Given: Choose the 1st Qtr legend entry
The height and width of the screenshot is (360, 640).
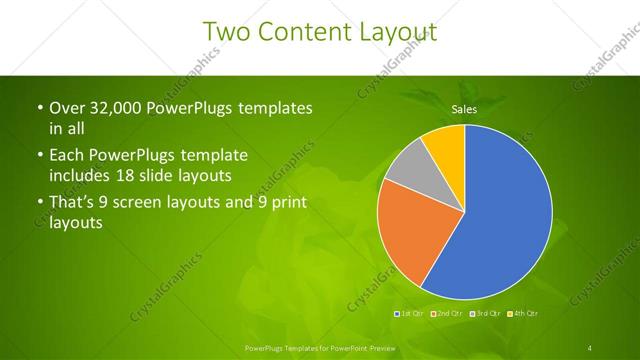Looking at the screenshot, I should pos(410,314).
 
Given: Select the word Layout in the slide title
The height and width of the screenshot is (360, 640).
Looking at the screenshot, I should pos(394,32).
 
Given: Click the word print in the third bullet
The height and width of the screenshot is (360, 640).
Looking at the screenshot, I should pos(290,203).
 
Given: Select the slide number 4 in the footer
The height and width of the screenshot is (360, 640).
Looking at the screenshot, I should pos(591,347).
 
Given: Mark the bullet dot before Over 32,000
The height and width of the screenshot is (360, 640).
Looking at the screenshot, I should pos(37,107).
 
